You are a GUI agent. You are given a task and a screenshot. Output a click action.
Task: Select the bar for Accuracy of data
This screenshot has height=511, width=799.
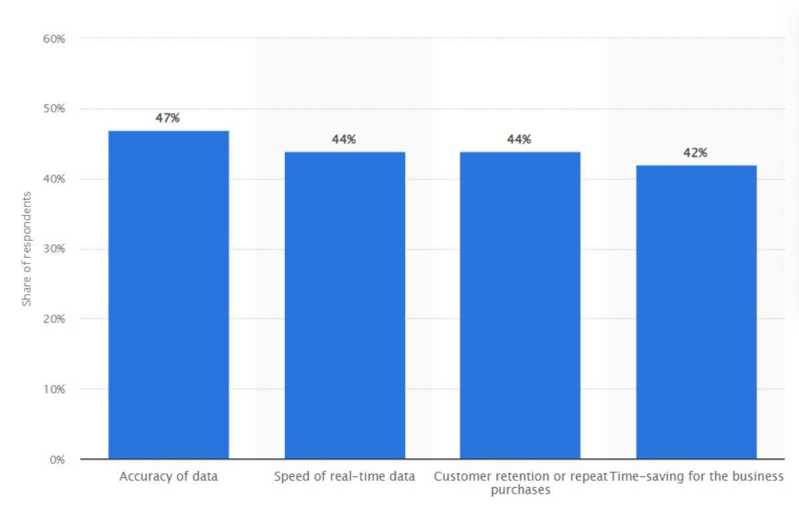[168, 295]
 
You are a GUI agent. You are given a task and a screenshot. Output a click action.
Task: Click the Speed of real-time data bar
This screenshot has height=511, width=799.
[345, 305]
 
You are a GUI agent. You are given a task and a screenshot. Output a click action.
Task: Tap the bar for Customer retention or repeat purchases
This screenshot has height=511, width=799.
[520, 305]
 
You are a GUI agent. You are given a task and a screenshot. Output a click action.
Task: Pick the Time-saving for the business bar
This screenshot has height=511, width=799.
[696, 312]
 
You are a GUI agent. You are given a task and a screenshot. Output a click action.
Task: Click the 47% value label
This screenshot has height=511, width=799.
[168, 118]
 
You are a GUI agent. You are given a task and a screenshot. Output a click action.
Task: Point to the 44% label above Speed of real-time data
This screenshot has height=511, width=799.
[344, 140]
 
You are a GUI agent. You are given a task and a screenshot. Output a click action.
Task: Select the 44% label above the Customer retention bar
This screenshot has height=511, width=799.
[519, 140]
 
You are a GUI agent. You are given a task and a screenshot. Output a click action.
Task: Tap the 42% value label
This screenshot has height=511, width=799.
[696, 153]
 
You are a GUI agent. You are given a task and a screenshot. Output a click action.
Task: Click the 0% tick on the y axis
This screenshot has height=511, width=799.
[57, 460]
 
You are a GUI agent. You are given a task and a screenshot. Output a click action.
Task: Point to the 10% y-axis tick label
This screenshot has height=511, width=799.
[55, 389]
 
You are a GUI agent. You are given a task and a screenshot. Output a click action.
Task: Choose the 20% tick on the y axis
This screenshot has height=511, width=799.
[55, 319]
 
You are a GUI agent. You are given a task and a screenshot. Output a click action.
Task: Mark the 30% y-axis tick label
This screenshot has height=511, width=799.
[55, 250]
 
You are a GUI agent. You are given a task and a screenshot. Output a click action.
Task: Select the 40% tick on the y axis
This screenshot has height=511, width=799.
[55, 179]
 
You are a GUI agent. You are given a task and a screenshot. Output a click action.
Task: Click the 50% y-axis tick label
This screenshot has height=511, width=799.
[55, 109]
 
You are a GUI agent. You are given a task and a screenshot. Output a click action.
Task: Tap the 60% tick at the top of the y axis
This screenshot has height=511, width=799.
[55, 39]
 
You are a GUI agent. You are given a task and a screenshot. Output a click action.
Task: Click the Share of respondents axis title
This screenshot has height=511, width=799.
[27, 249]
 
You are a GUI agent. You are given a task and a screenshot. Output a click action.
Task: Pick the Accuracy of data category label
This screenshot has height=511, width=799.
[168, 476]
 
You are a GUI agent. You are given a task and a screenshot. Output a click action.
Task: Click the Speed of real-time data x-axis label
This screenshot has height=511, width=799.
[345, 476]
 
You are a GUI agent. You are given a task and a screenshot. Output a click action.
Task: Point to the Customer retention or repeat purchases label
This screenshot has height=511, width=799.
[521, 483]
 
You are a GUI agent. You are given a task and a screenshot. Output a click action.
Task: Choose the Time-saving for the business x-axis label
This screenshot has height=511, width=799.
[696, 476]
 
